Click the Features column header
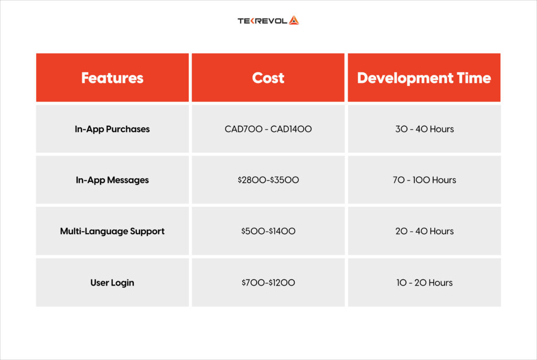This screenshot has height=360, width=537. tap(112, 78)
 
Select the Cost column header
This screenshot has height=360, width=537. tap(268, 78)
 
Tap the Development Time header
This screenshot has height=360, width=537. tap(424, 78)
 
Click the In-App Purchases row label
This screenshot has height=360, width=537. tap(112, 129)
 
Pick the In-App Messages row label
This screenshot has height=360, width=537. tap(112, 180)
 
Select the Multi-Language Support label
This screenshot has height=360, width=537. tap(112, 231)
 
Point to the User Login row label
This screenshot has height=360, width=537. tap(112, 282)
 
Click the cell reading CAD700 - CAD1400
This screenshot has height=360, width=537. tap(268, 129)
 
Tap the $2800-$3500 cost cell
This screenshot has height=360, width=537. tap(268, 180)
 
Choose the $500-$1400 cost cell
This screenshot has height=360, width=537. tap(268, 231)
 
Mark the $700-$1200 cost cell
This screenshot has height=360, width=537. tap(268, 282)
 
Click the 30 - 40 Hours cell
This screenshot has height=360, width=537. tap(424, 129)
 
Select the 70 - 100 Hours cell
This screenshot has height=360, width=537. tap(424, 180)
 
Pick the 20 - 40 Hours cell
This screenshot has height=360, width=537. tap(424, 231)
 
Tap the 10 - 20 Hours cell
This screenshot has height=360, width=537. tap(424, 282)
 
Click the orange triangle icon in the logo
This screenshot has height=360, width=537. tap(293, 21)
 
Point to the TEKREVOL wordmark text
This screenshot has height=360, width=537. tap(262, 21)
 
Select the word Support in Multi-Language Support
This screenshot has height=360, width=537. tap(144, 231)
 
